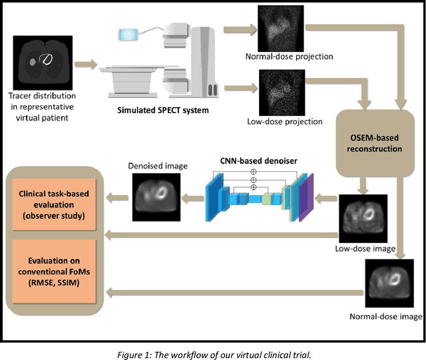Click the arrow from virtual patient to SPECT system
click(86, 65)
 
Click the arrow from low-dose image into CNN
click(325, 196)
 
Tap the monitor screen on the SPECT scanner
click(128, 33)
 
